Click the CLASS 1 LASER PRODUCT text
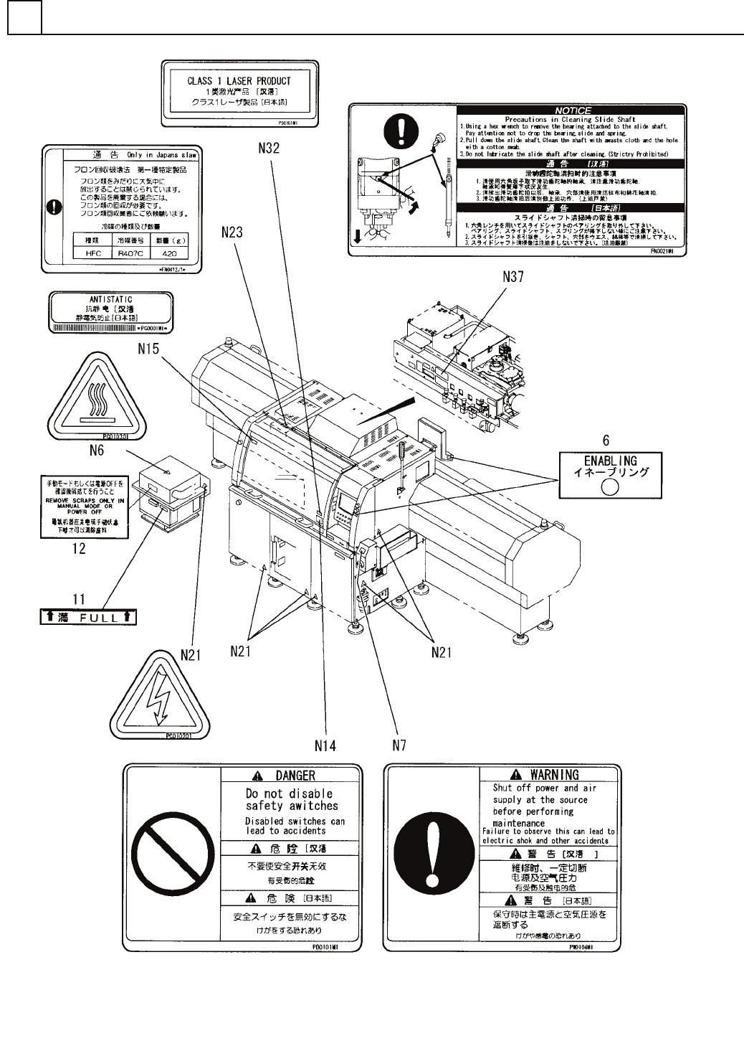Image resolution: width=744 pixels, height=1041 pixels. pos(239,81)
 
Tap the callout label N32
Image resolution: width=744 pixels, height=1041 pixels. pos(269,149)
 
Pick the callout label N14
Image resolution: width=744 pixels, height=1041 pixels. pos(325,746)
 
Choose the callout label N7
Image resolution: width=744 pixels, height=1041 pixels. pos(399,746)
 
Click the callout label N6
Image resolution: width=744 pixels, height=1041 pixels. pos(97,451)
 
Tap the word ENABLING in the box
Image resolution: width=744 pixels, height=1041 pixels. pos(610,461)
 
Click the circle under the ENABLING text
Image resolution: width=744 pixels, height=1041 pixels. pos(609,487)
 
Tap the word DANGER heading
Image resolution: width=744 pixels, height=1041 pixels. pos(295,776)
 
